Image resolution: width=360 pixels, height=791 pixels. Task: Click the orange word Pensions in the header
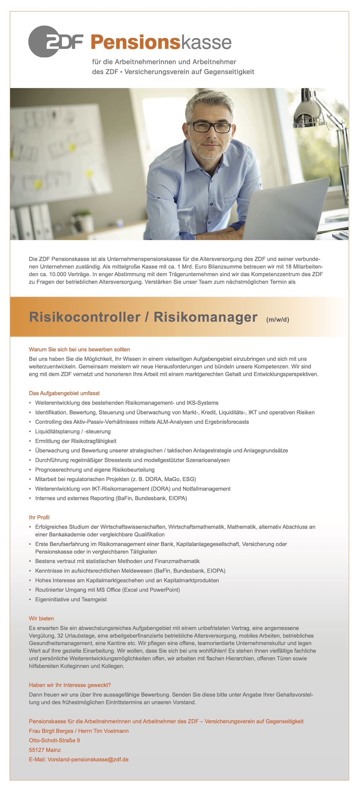click(135, 43)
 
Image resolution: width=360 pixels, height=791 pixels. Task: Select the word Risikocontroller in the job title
click(85, 317)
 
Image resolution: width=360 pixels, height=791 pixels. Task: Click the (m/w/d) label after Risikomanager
click(278, 319)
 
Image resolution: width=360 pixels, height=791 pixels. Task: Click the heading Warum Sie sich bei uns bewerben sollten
click(79, 349)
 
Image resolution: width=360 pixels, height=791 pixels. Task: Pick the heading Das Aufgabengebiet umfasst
click(64, 393)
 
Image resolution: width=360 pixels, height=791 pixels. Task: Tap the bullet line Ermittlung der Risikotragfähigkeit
click(76, 441)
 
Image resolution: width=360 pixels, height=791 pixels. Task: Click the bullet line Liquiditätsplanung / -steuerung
click(73, 431)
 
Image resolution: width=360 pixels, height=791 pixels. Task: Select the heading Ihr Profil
click(39, 517)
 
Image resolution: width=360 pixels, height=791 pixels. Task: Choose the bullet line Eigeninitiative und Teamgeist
click(71, 599)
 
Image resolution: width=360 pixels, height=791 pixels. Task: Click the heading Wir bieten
click(41, 618)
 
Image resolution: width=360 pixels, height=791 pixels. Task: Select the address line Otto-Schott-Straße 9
click(54, 740)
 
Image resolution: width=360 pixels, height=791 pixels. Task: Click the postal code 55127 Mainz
click(45, 750)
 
